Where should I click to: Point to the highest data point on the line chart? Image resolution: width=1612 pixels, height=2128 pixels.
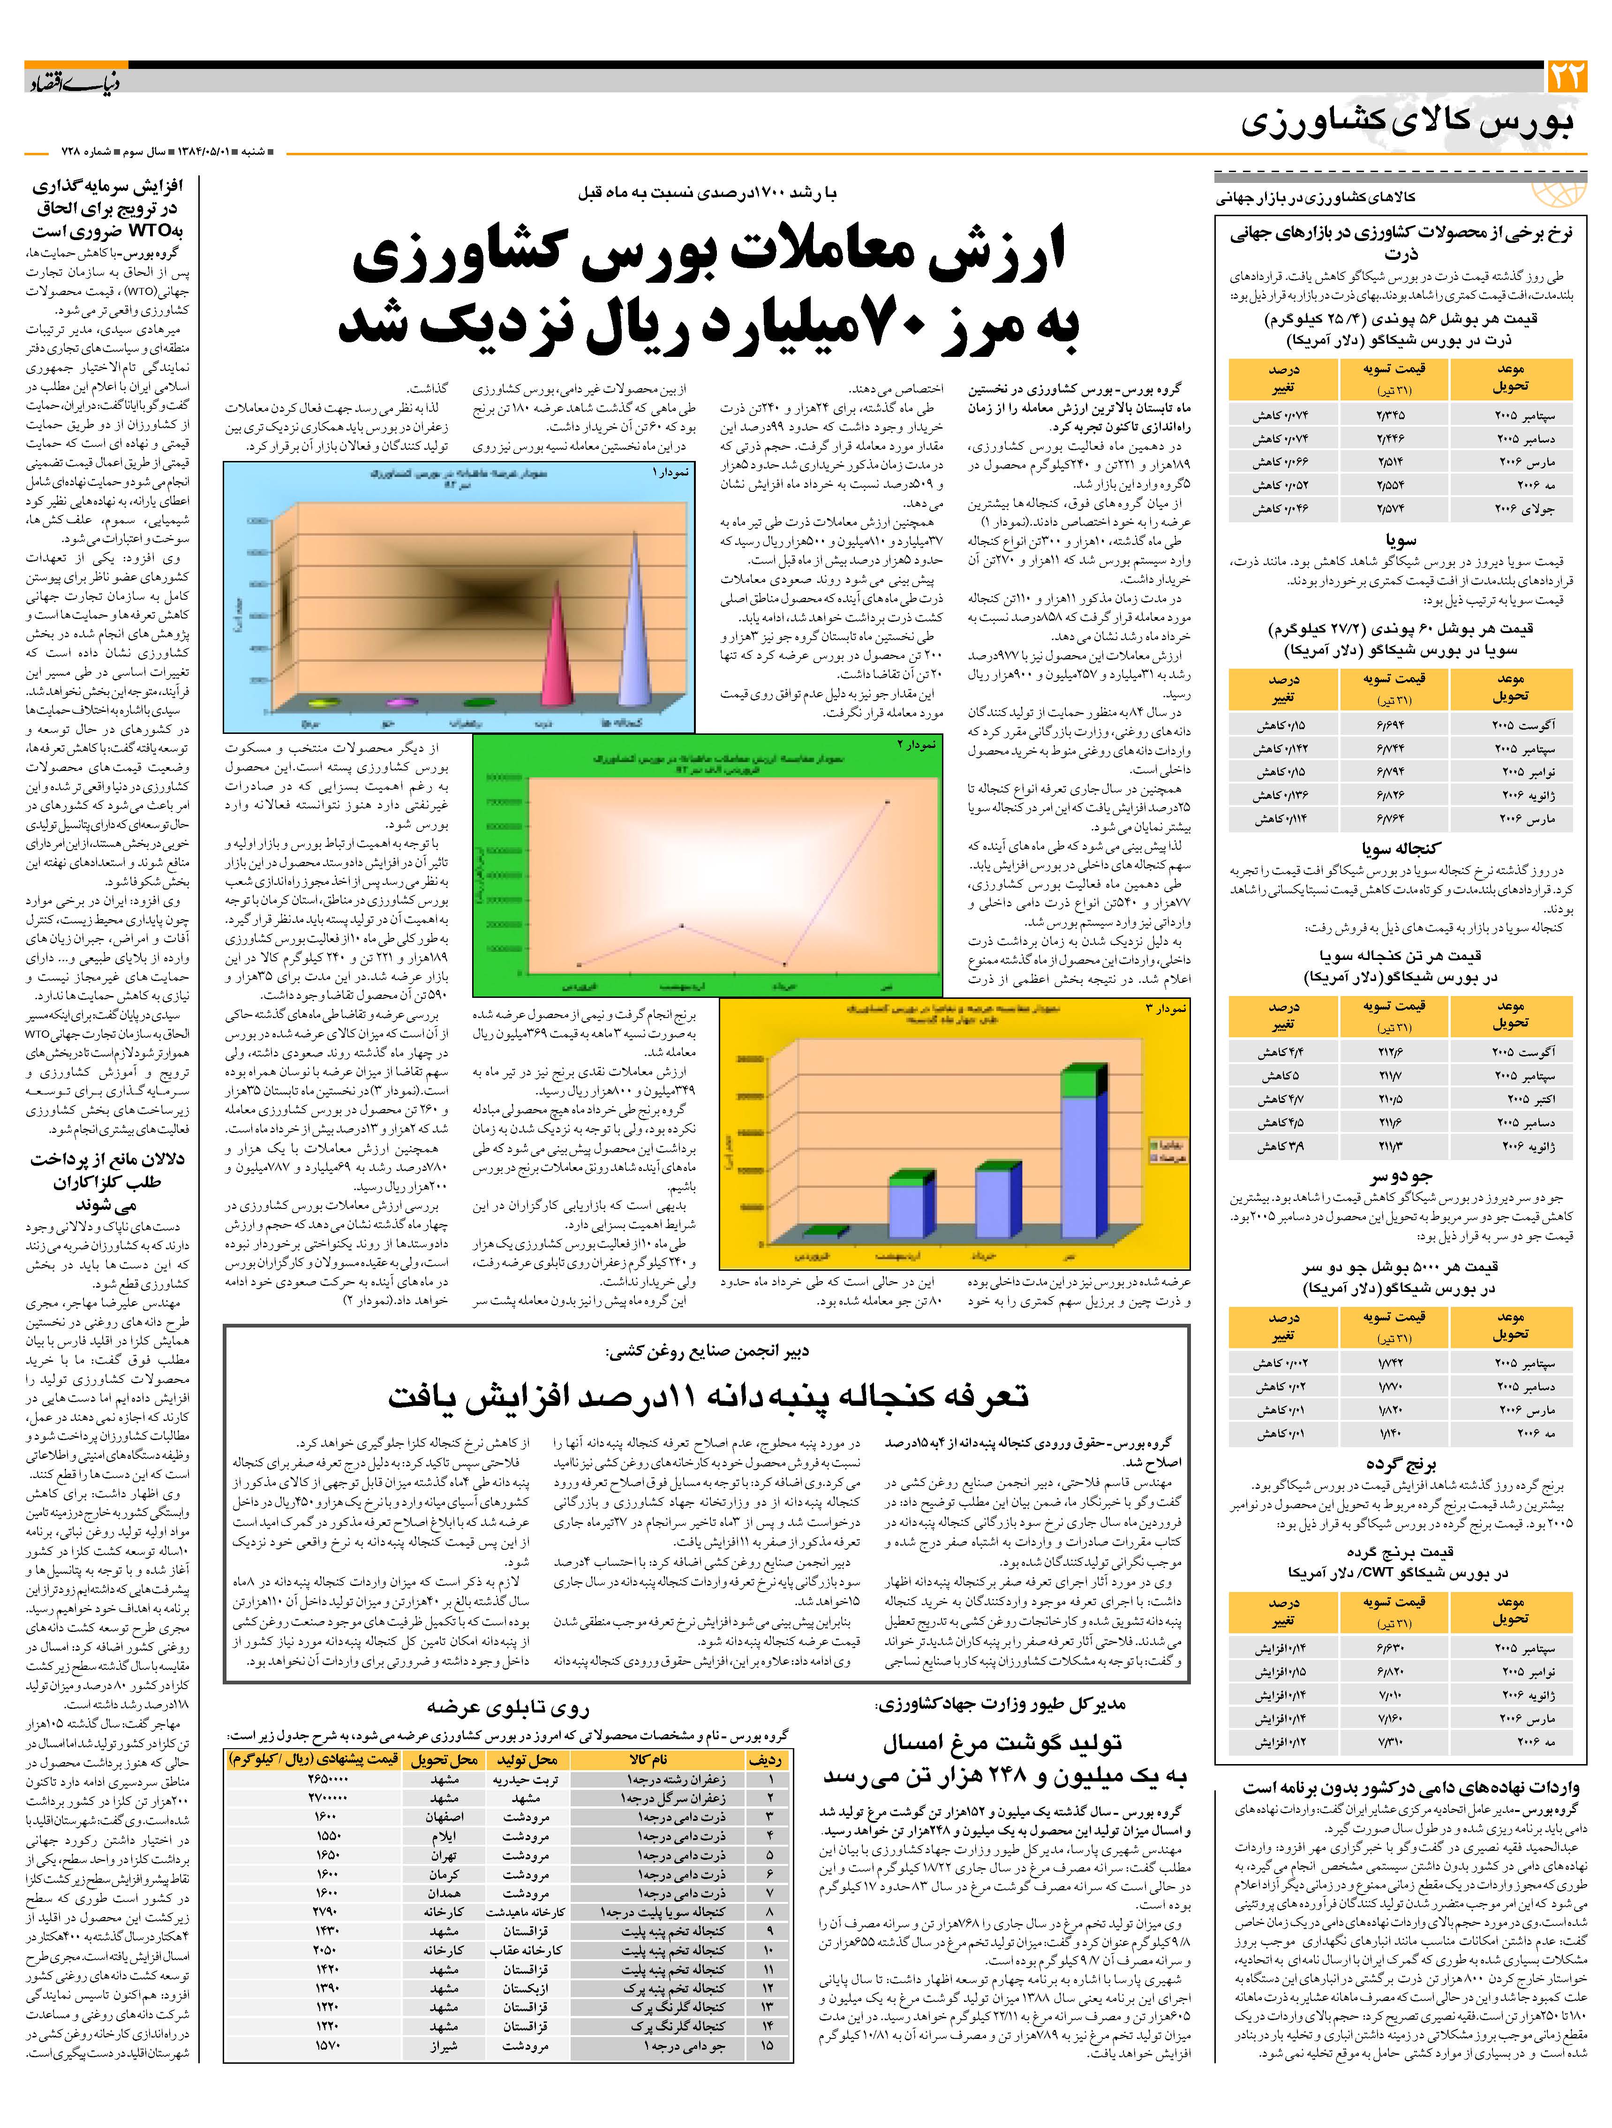(887, 800)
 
